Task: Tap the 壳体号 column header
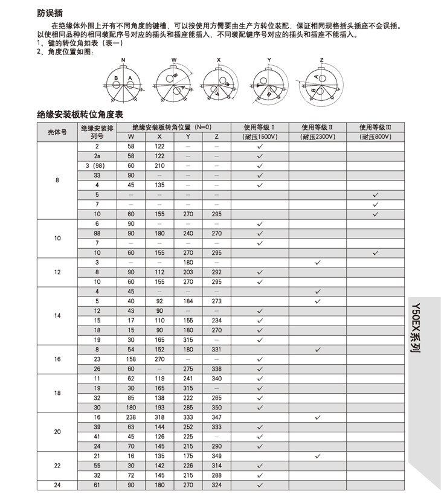coord(57,132)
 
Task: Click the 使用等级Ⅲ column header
coord(375,127)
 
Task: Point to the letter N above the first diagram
coord(123,60)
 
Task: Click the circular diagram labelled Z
coord(321,82)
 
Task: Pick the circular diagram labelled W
coord(173,82)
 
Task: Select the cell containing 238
coord(131,417)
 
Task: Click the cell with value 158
coord(131,359)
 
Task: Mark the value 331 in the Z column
coord(217,349)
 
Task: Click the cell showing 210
coord(159,165)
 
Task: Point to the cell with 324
coord(217,485)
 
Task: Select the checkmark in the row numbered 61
coord(260,485)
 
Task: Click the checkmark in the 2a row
coord(260,156)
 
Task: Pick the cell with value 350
coord(217,408)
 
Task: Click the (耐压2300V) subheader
coord(317,137)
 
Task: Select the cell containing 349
coord(217,456)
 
